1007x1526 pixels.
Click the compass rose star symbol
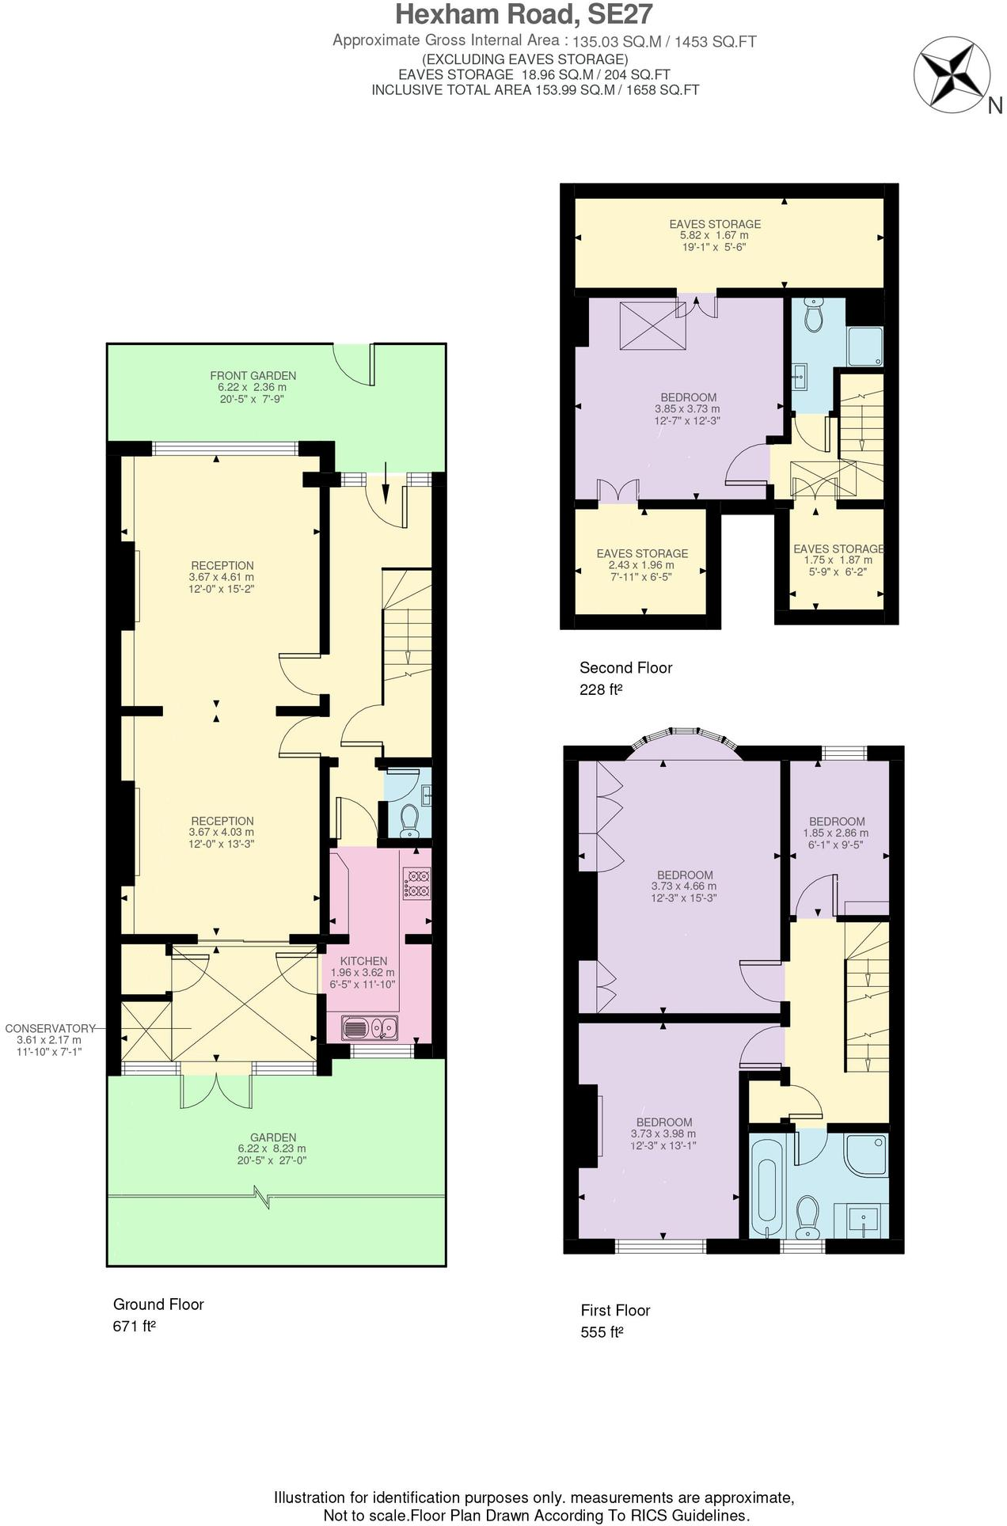(x=951, y=75)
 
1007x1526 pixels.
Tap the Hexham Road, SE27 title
(x=524, y=15)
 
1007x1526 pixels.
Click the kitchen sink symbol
(x=369, y=1028)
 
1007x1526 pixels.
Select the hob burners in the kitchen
(x=416, y=883)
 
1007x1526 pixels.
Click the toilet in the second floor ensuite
(x=813, y=315)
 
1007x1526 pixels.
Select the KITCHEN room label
(x=363, y=961)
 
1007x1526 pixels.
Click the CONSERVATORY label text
(x=50, y=1028)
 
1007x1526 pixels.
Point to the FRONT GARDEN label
(x=253, y=376)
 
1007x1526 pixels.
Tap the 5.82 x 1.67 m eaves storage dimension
(x=714, y=235)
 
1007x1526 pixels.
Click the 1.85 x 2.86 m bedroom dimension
(x=836, y=833)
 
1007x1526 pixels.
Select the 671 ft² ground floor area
(x=134, y=1326)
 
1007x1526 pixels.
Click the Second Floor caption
(x=625, y=667)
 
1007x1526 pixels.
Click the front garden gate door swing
(x=354, y=365)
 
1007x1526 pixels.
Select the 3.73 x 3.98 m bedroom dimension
(x=663, y=1133)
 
